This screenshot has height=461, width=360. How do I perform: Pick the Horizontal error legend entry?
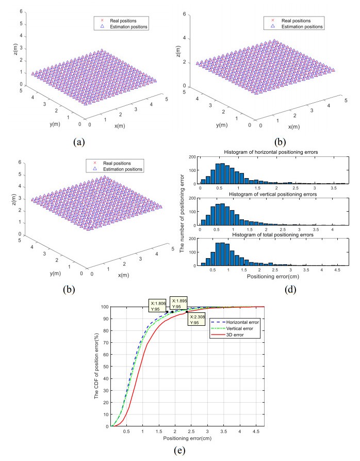coord(242,321)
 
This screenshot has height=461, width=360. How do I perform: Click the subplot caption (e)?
coord(177,450)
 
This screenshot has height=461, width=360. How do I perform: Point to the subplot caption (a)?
coord(77,140)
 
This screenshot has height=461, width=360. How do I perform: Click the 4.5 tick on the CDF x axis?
coord(255,432)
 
